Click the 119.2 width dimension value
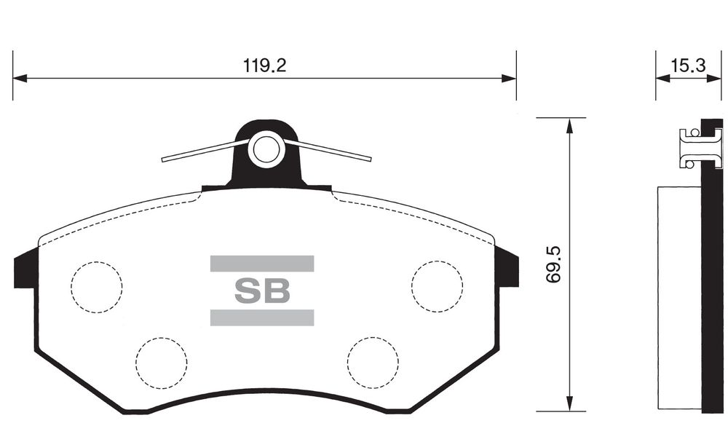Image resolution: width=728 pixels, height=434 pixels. pyautogui.click(x=265, y=66)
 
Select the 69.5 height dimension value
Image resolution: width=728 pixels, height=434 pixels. pyautogui.click(x=553, y=264)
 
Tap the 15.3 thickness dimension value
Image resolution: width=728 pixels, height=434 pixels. pyautogui.click(x=688, y=66)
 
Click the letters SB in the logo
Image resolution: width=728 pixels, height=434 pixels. pyautogui.click(x=262, y=291)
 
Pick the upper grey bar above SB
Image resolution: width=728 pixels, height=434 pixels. pyautogui.click(x=262, y=263)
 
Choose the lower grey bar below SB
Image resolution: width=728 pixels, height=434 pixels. pyautogui.click(x=262, y=317)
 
